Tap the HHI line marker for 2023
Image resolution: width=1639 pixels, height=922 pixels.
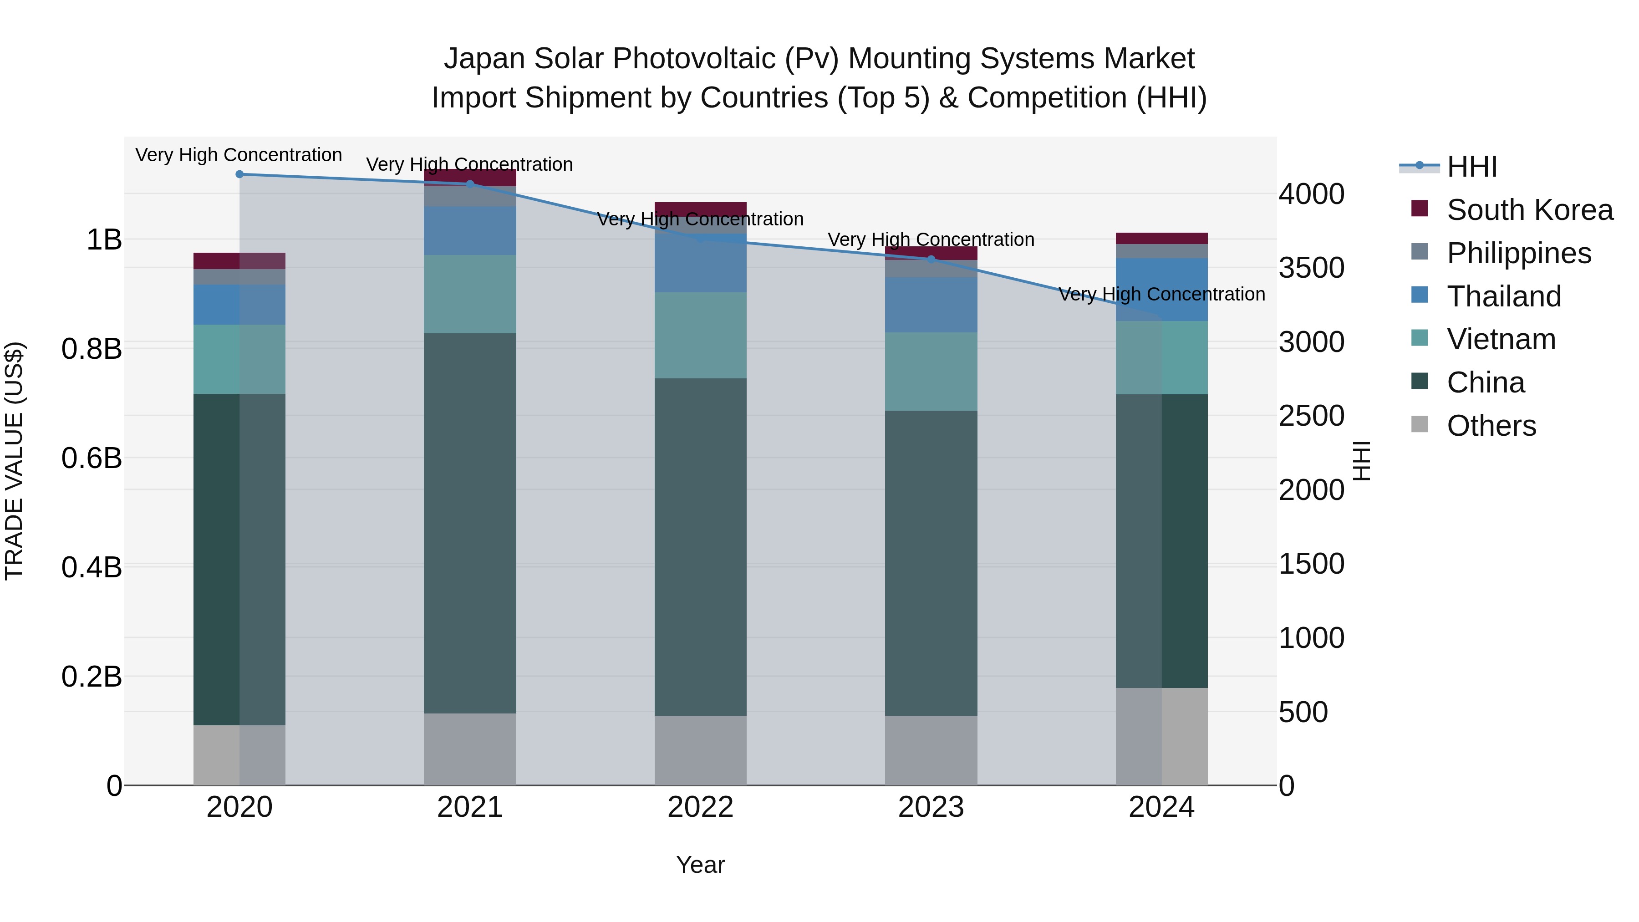[931, 260]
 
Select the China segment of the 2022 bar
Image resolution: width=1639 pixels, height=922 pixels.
[701, 547]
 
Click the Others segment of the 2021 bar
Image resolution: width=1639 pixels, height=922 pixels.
[470, 749]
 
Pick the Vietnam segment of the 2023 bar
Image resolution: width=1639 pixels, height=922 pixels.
[931, 372]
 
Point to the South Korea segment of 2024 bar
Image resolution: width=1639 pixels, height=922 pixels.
[1162, 239]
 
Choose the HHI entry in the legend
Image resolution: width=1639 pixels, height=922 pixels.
[1471, 167]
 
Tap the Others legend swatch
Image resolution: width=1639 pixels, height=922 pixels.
[1420, 424]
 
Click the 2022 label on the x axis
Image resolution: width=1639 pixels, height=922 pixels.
[701, 807]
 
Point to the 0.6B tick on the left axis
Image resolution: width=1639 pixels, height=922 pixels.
[92, 458]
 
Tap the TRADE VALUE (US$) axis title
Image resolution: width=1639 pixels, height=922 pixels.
[14, 461]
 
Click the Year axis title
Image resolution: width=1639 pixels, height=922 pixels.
[701, 865]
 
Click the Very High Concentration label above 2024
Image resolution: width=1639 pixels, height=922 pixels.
[1162, 294]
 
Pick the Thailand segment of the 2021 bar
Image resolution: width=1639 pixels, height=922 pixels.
[470, 230]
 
